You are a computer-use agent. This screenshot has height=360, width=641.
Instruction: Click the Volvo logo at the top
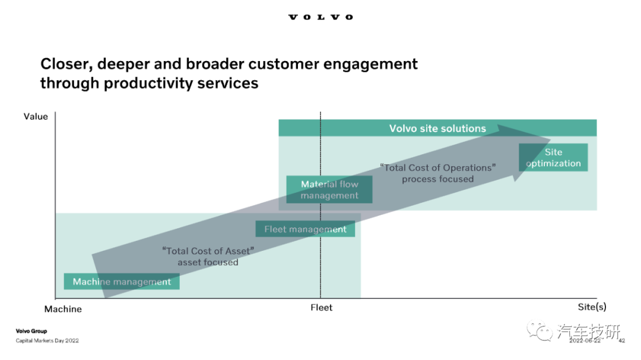tap(320, 17)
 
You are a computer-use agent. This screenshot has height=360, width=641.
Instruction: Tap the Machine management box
tap(122, 282)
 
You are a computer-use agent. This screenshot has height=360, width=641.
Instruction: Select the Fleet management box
tap(305, 229)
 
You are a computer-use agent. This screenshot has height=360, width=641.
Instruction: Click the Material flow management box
tap(329, 190)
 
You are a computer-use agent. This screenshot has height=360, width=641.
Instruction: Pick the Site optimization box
tap(553, 157)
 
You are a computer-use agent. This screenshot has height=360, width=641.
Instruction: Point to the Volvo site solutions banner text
tap(437, 128)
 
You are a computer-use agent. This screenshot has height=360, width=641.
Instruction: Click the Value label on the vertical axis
tap(36, 116)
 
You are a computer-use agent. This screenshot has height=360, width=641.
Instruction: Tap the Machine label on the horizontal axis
tap(63, 309)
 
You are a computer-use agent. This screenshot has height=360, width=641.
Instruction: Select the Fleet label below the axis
tap(321, 307)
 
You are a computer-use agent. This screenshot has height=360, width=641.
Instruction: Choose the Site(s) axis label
tap(592, 307)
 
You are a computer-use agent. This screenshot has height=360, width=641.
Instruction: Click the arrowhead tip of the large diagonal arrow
tap(551, 139)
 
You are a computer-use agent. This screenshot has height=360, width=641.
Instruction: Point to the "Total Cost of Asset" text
tap(208, 251)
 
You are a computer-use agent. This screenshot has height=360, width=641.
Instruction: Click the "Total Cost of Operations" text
tap(438, 167)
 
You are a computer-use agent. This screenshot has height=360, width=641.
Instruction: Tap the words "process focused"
tap(438, 179)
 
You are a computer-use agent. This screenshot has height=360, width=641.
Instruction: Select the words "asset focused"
tap(208, 262)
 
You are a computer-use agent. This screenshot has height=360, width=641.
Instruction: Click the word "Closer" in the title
tap(66, 64)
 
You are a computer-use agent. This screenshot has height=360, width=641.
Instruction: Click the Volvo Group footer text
tap(31, 331)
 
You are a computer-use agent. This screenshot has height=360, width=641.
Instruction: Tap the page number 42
tap(622, 340)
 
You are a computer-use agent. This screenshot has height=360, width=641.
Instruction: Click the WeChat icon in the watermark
tap(540, 330)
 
